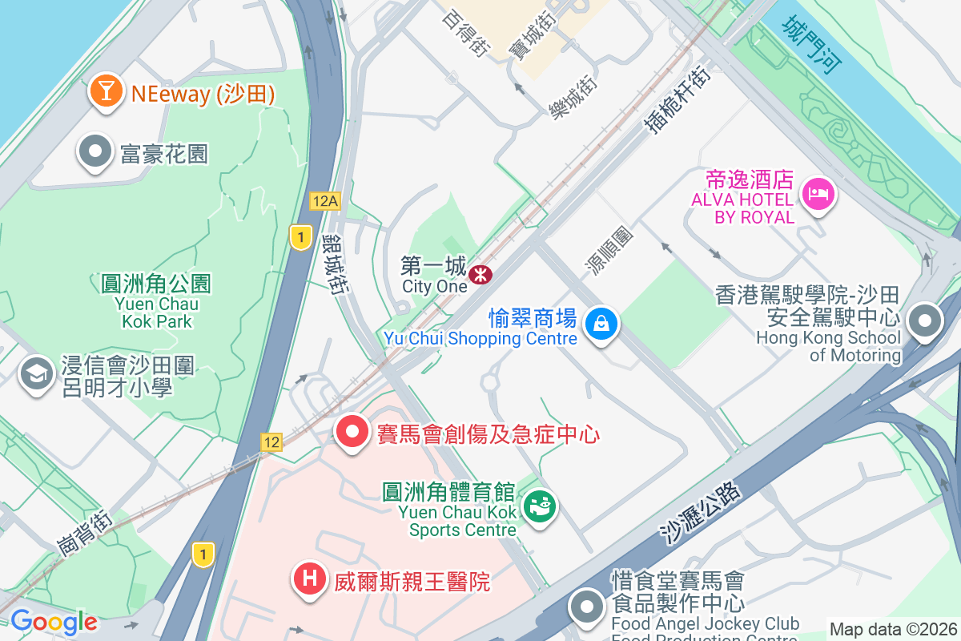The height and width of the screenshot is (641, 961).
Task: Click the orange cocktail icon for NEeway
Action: pos(105,91)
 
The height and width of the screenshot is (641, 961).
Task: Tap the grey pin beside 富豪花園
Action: pos(95,151)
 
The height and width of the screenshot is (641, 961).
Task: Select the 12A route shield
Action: pos(325,201)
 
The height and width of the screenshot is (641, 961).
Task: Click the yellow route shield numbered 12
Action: pos(271,441)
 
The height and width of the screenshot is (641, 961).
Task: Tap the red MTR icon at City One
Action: pos(480,275)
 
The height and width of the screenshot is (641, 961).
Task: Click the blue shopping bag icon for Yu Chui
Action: pos(601,324)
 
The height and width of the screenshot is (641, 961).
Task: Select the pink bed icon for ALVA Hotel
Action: pos(818,193)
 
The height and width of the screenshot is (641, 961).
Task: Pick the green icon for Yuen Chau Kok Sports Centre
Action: pos(540,506)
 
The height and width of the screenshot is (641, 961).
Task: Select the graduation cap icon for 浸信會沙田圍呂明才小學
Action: pos(36,374)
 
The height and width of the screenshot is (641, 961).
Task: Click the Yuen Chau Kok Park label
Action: pos(157,302)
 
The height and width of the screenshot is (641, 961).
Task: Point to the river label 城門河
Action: pos(812,45)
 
